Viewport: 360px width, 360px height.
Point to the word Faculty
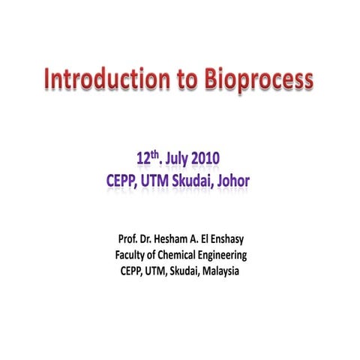133,256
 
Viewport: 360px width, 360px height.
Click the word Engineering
233,256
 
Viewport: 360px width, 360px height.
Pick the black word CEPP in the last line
134,271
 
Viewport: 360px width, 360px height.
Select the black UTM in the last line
162,271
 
